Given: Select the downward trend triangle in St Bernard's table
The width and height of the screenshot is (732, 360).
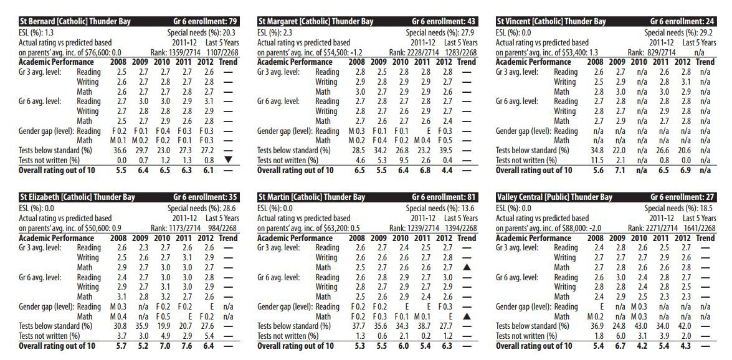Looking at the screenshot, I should click(x=228, y=159).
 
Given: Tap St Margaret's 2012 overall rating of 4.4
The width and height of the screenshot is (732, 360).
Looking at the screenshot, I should click(x=444, y=170).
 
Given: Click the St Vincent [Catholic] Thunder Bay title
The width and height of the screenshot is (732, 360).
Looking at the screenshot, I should click(x=551, y=22).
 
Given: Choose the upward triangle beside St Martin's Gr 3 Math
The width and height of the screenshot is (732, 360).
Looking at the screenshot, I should click(x=466, y=267).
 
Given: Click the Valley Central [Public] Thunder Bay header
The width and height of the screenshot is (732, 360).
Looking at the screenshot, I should click(x=554, y=197).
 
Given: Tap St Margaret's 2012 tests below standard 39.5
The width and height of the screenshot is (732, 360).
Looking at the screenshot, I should click(x=444, y=150).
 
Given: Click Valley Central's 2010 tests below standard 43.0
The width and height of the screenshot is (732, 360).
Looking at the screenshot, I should click(x=640, y=326).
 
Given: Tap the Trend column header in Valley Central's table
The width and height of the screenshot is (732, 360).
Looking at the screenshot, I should click(x=705, y=238).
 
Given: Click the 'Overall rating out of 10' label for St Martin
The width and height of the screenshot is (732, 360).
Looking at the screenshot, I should click(x=295, y=346).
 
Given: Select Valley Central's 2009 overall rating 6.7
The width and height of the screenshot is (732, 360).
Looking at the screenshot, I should click(x=618, y=346).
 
